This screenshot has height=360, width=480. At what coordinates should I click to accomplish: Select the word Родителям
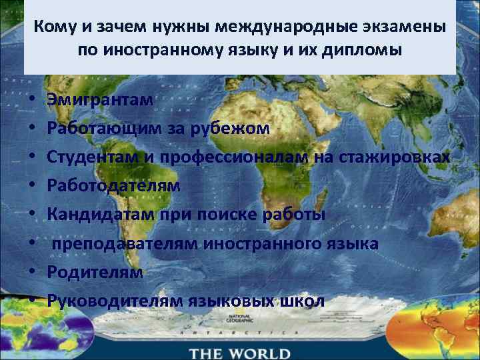tap(95, 272)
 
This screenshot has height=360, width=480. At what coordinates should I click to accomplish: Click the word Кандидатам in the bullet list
tap(101, 215)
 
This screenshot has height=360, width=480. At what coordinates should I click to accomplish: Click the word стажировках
tap(405, 157)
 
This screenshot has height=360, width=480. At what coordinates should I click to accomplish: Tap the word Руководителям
tap(110, 301)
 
